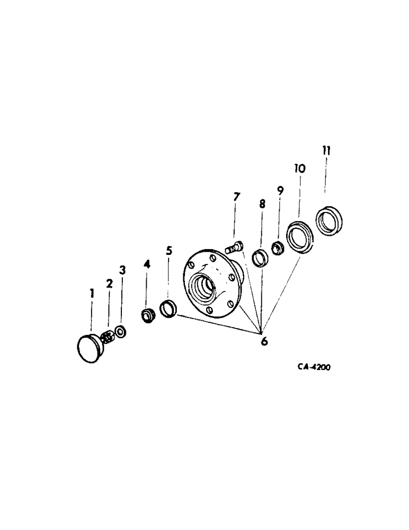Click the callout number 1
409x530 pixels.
pos(92,293)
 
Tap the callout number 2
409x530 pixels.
pos(109,284)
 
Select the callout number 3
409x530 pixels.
pos(122,271)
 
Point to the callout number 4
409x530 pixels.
pos(147,263)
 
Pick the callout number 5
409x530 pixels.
pos(168,250)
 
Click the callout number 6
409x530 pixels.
pos(263,341)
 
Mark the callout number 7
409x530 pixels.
pos(236,197)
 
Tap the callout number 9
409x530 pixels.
pos(280,189)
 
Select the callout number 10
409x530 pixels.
pos(300,169)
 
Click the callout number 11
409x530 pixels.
pos(326,151)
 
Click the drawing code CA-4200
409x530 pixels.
pos(314,367)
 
